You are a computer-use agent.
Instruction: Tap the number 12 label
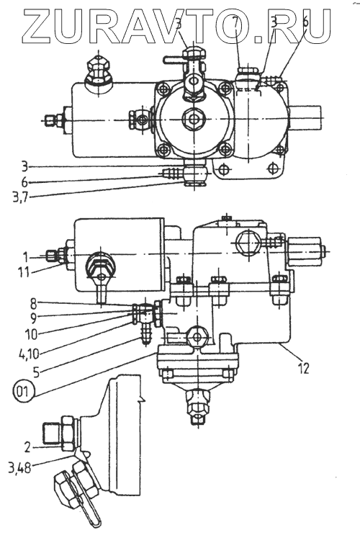302,369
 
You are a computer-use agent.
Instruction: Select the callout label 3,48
19,469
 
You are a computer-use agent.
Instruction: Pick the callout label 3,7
19,197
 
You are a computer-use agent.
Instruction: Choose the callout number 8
33,304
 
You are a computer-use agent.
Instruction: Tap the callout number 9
33,318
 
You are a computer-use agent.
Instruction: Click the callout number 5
36,372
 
